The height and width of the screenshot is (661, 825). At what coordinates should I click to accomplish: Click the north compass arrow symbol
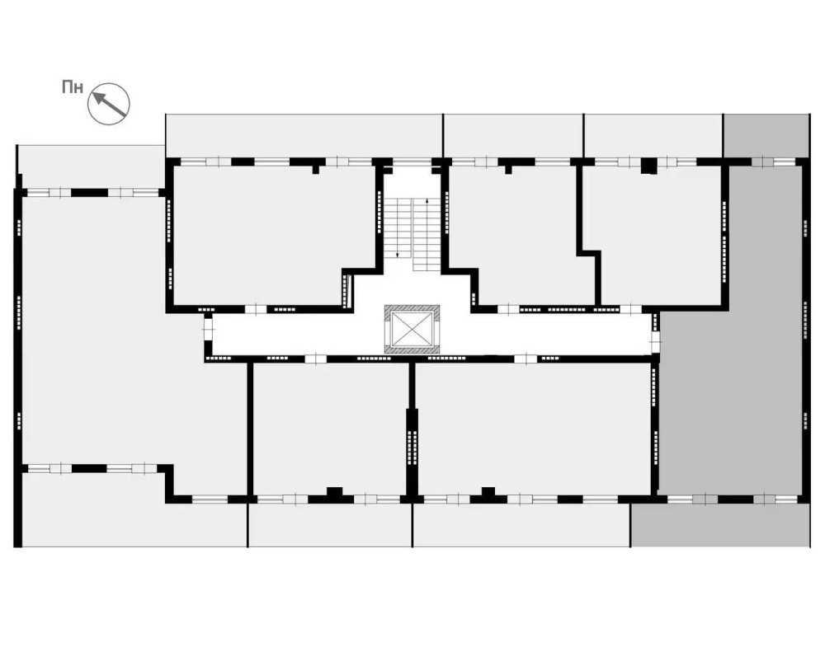click(x=110, y=104)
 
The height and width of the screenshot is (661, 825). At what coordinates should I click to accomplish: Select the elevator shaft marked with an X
click(x=412, y=329)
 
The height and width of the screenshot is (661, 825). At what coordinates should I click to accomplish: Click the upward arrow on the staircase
click(x=427, y=201)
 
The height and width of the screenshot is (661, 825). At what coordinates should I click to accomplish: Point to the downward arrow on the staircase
click(x=398, y=254)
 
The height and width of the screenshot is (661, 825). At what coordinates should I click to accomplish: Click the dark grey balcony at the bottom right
click(x=719, y=524)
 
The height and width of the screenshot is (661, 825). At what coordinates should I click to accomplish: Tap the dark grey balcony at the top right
click(x=765, y=135)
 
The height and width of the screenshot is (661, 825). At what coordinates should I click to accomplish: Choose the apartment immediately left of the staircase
click(x=264, y=231)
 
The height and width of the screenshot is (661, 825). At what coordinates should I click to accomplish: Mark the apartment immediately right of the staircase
click(x=511, y=231)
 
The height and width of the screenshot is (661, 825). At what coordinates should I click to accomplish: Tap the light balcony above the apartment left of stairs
click(x=304, y=135)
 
